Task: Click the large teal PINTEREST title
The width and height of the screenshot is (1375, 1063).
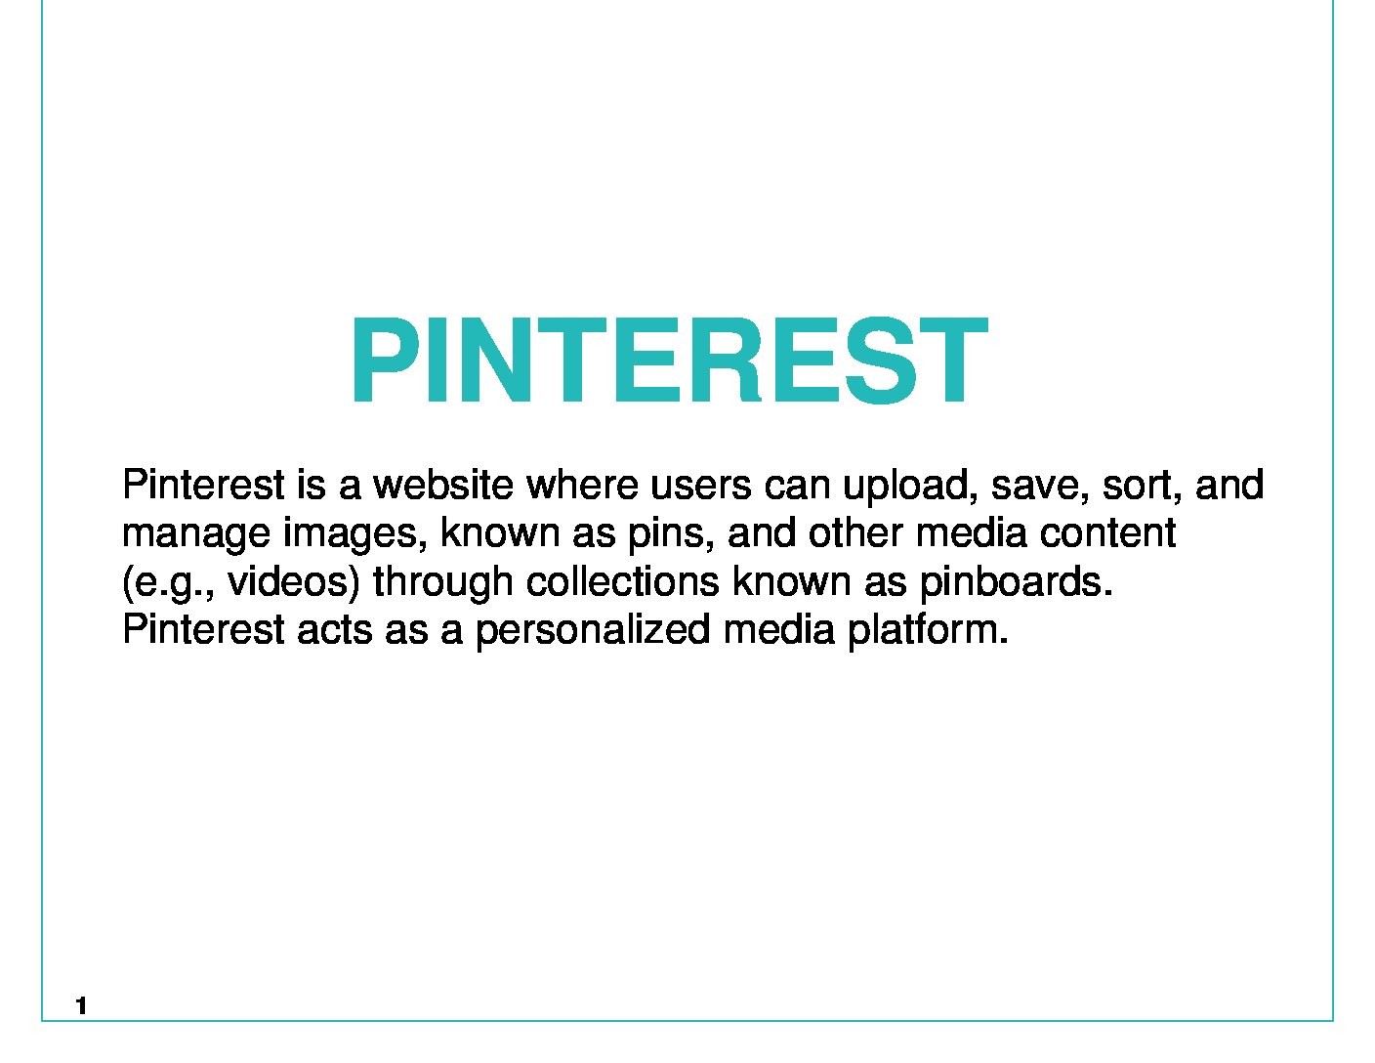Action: tap(669, 360)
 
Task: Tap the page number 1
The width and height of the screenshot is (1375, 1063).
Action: tap(81, 1005)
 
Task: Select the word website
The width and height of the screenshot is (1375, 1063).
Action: tap(443, 485)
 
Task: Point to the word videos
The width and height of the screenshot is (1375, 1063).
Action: tap(294, 582)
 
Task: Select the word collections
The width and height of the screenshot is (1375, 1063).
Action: tap(623, 581)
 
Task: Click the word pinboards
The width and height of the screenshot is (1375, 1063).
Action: tap(1016, 582)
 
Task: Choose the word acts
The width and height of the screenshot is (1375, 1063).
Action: tap(335, 630)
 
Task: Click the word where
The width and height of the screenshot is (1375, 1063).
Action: tap(583, 485)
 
